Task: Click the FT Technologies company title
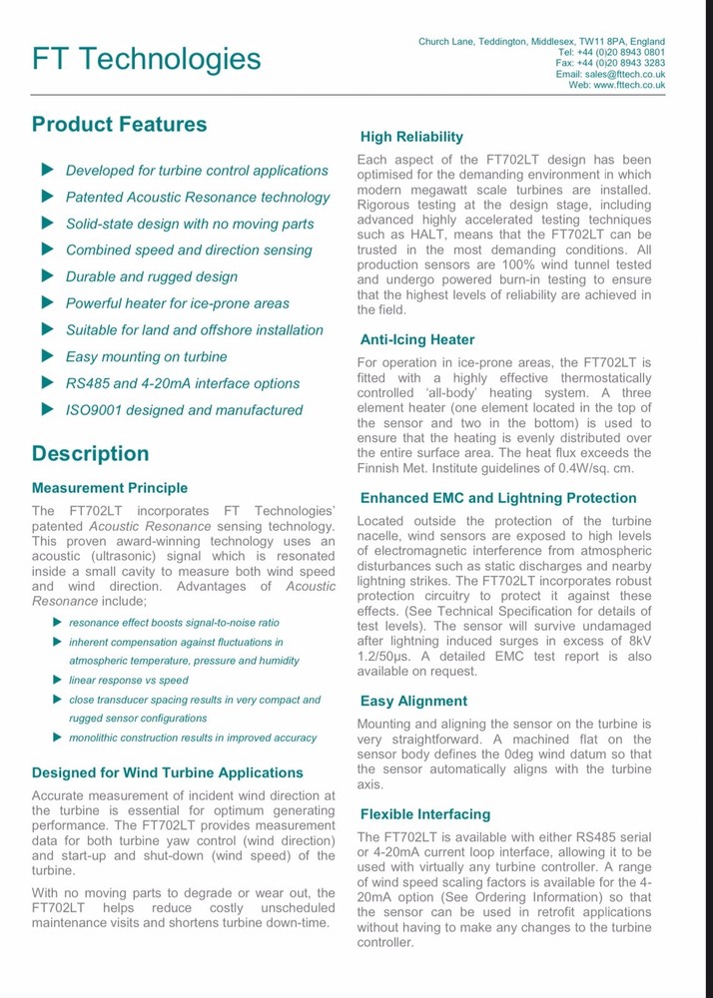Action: tap(146, 59)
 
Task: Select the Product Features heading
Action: tap(119, 125)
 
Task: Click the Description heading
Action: tap(90, 454)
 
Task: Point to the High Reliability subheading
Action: tap(411, 137)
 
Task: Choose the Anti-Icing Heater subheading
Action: tap(416, 339)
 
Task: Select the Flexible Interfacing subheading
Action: tap(425, 814)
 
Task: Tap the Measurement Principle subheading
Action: tap(109, 488)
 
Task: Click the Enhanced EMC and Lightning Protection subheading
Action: tap(497, 498)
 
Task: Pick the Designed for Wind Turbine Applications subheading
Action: tap(167, 772)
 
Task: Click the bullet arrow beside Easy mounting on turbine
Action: tap(46, 356)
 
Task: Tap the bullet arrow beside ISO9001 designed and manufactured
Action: tap(46, 409)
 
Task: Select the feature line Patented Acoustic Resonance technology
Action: tap(197, 198)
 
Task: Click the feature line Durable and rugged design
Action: tap(151, 276)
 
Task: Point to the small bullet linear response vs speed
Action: tap(128, 680)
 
